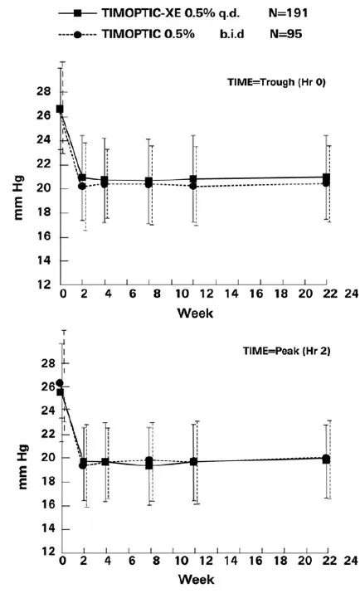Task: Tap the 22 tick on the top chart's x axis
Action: tap(328, 295)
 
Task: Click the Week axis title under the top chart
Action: tap(192, 314)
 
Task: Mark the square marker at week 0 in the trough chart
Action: tap(61, 109)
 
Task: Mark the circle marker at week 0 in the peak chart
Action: tap(60, 383)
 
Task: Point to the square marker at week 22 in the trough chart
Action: tap(328, 177)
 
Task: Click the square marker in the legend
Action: tap(76, 13)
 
